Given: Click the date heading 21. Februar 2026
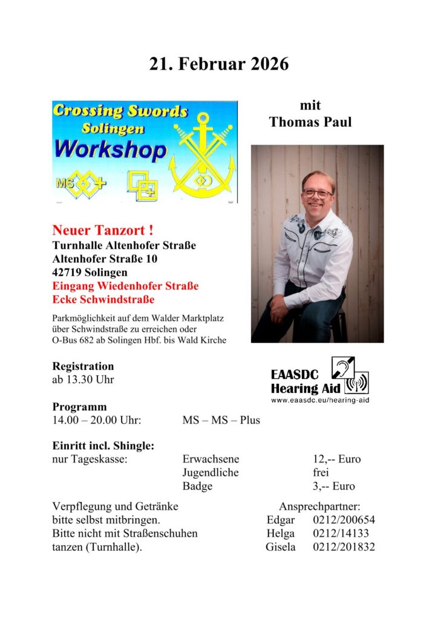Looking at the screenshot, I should pos(219,64).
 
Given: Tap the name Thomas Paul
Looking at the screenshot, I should pos(310,122).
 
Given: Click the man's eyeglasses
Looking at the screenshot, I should pos(317,194).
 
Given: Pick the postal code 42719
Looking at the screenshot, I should pos(68,272).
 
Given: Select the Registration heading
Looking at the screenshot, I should pos(83,366).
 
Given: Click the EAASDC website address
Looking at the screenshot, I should pos(320,400).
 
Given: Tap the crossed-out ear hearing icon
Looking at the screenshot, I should pos(342,368).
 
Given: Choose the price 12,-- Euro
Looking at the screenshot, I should pos(336,459).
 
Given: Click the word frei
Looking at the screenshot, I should pos(321,473).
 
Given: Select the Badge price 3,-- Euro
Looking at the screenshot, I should pos(334,486).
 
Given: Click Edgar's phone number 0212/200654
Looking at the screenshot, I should pos(344,520).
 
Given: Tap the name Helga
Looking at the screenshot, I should pos(281,533).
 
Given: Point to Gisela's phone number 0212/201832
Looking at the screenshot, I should pos(344,547).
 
